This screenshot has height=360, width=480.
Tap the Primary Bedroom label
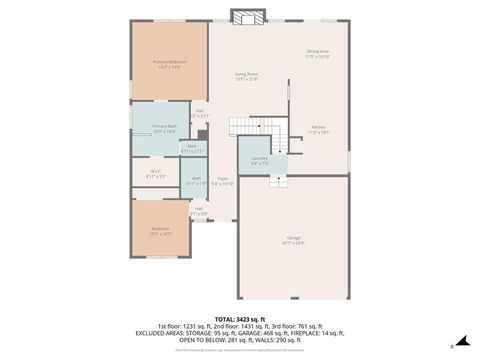coord(169,62)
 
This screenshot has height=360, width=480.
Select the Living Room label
coord(246,74)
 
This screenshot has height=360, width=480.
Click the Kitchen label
coord(318,126)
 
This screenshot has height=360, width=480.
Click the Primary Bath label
coord(163,126)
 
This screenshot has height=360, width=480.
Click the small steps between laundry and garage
coord(278,179)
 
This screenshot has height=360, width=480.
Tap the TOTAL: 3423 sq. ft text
coord(240,316)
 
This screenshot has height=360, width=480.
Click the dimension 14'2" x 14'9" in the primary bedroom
coord(169,68)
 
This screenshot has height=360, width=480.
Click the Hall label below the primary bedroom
coord(200,110)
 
